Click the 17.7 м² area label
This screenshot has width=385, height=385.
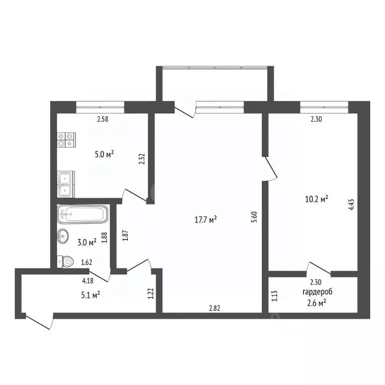[206, 220]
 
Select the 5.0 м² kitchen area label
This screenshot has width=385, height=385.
[103, 154]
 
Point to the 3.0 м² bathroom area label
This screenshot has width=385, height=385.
[86, 242]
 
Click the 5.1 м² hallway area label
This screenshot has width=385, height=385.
[90, 295]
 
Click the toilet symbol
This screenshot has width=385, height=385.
[66, 261]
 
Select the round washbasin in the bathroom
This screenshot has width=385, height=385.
[64, 236]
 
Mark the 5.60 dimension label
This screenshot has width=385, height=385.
[254, 217]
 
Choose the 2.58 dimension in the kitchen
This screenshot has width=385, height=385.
[103, 119]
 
